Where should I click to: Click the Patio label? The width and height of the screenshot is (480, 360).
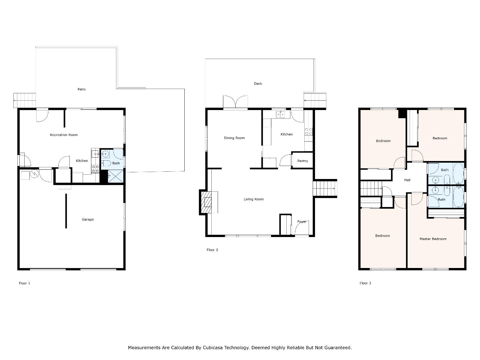click(82, 89)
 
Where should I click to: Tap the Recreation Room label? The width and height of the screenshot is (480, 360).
click(64, 135)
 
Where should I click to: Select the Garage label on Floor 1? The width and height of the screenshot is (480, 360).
click(88, 219)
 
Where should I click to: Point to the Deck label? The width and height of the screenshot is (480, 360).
click(258, 83)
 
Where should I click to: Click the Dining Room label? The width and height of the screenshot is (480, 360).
click(234, 138)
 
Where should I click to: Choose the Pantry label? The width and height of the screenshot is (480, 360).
click(302, 161)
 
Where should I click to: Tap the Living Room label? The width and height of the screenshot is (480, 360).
click(254, 199)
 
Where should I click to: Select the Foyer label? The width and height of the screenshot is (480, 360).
click(302, 222)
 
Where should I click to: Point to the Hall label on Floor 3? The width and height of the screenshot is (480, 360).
click(407, 180)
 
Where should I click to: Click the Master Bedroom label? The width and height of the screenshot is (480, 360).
click(433, 239)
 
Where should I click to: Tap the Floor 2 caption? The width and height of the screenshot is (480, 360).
click(212, 250)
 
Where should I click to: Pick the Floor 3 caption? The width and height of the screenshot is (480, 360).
click(365, 283)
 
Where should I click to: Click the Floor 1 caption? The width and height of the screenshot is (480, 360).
click(24, 283)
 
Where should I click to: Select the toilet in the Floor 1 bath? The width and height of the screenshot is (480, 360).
click(106, 163)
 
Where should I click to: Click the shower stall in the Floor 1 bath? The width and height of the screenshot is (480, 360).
click(115, 176)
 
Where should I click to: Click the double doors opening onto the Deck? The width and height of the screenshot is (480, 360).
click(235, 102)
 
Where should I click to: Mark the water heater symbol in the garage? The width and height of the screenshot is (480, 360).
click(34, 174)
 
